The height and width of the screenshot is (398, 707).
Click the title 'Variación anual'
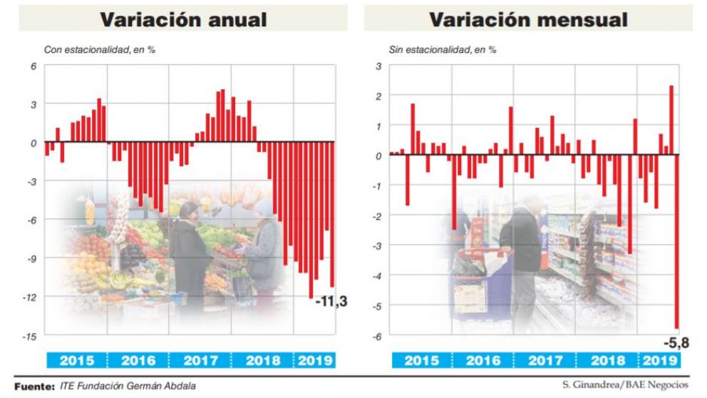[183, 19]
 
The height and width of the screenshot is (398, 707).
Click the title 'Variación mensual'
[528, 19]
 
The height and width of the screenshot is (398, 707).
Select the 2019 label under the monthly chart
[661, 360]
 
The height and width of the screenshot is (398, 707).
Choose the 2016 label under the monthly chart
[483, 360]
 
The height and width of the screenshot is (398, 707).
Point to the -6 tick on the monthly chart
[378, 336]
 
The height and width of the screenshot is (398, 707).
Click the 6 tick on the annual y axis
[33, 66]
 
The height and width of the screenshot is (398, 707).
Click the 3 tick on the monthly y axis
[379, 66]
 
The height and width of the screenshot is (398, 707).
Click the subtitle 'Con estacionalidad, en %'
[100, 50]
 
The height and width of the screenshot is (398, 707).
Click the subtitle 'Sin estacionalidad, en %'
[443, 50]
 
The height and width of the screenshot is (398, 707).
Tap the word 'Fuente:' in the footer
[34, 386]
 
